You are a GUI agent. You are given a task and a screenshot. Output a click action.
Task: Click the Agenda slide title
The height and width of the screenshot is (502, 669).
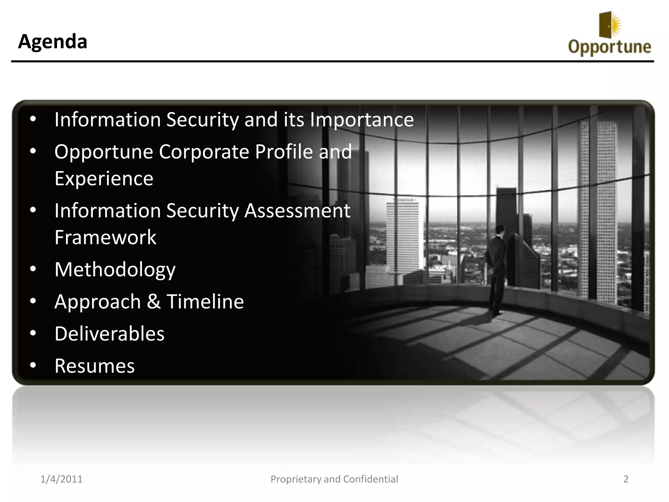[x=53, y=42]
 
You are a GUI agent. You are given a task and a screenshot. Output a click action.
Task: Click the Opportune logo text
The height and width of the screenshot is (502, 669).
[x=610, y=47]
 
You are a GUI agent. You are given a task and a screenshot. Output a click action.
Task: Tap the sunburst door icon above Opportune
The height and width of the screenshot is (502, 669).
[x=609, y=25]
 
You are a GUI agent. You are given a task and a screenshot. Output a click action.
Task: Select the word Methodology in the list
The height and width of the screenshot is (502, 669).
[x=115, y=270]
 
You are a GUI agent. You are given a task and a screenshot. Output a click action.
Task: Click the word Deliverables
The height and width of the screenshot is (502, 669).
[x=109, y=334]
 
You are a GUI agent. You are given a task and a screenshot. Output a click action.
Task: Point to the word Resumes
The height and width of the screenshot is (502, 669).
[x=94, y=366]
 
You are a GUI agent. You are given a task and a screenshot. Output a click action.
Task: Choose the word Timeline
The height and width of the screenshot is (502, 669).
[x=205, y=301]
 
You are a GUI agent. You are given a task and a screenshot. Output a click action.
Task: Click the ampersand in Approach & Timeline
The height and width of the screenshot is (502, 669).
[x=153, y=301]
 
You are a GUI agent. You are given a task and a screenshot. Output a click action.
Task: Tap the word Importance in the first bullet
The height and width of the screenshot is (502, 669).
[x=362, y=120]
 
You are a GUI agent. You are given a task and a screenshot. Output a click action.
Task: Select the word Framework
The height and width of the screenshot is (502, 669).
[x=105, y=237]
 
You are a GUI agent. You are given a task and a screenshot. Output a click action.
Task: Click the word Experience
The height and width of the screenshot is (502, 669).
[x=104, y=178]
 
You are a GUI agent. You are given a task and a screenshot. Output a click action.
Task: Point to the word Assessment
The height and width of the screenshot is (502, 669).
[x=297, y=210]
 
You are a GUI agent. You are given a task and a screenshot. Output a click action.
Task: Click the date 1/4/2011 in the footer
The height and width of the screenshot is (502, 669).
[x=61, y=479]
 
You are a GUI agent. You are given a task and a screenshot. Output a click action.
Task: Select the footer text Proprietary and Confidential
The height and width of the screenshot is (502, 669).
[x=334, y=479]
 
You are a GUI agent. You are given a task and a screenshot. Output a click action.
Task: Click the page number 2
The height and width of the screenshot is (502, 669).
[x=626, y=479]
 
